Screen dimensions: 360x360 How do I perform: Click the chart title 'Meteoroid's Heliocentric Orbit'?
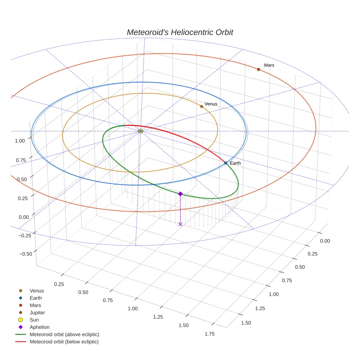(x=180, y=32)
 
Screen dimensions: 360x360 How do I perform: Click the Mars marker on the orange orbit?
(x=258, y=69)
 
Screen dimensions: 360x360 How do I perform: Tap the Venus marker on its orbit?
(x=202, y=106)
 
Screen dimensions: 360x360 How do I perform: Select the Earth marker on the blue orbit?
(x=226, y=163)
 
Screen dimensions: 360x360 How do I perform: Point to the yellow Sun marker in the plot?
(x=140, y=131)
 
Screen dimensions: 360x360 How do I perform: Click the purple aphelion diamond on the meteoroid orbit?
(x=180, y=194)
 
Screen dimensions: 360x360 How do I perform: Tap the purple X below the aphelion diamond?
(x=180, y=224)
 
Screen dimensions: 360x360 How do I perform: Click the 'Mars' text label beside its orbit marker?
(x=269, y=65)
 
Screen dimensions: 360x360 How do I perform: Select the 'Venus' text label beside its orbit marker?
(x=211, y=104)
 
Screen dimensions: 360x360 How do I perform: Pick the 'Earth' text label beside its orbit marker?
(x=235, y=163)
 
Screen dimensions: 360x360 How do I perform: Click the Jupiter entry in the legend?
(x=37, y=312)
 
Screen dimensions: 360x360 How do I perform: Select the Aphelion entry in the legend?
(x=40, y=327)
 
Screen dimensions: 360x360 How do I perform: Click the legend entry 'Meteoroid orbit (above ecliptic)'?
(x=64, y=334)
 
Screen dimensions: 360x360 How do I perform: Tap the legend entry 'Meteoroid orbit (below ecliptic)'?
(x=64, y=342)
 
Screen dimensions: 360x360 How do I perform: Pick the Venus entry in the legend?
(x=37, y=291)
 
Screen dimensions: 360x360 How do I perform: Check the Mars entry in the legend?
(x=35, y=305)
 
